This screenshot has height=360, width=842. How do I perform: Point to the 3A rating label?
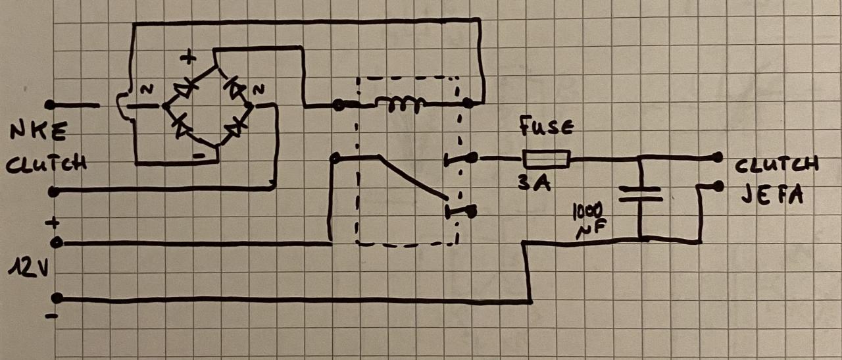(530, 185)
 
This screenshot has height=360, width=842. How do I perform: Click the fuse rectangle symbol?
(546, 158)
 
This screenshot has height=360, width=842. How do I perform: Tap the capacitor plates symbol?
(639, 192)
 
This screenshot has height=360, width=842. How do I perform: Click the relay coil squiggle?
(400, 104)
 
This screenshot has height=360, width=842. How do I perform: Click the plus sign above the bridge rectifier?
(188, 58)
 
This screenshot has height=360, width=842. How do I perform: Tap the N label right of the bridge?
(259, 89)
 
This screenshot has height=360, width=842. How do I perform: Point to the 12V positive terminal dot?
(57, 243)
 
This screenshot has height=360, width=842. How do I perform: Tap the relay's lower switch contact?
(461, 211)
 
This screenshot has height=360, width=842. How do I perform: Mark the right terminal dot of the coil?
(468, 103)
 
